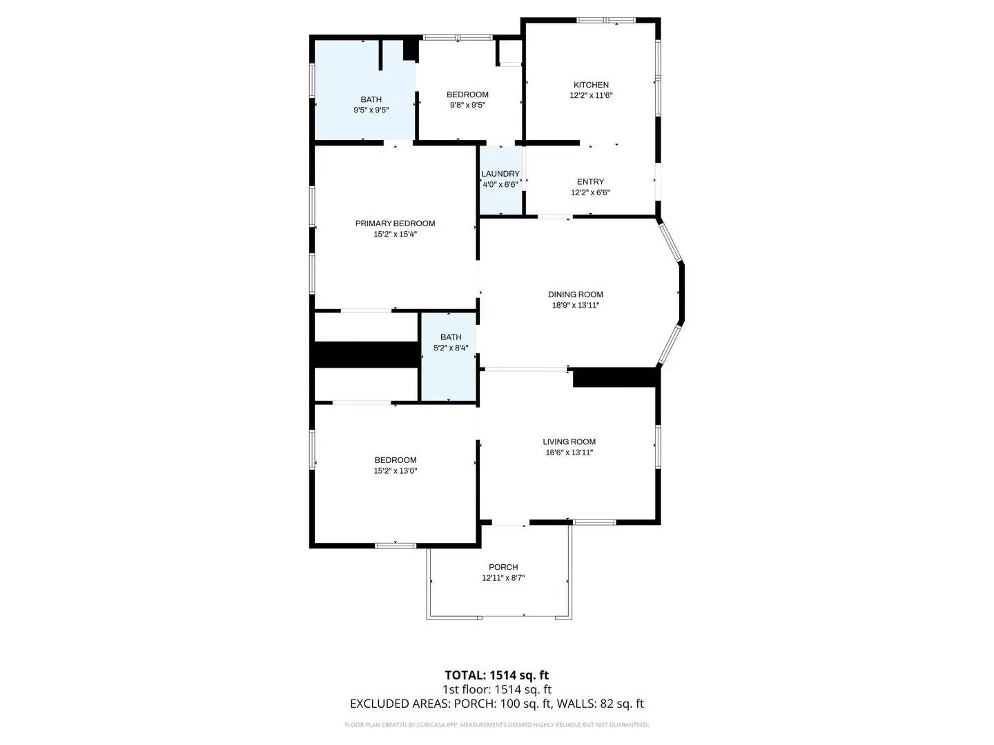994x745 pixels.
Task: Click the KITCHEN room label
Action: [591, 85]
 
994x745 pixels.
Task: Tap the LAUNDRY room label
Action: [500, 174]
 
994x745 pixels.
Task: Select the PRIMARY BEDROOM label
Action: [395, 223]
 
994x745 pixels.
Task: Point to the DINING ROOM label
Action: [576, 295]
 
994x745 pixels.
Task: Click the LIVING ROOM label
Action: [569, 442]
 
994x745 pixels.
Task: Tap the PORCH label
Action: [503, 567]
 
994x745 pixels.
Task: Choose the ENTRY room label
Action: [590, 182]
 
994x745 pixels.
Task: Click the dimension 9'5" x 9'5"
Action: [371, 110]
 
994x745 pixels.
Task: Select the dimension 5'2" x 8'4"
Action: [451, 348]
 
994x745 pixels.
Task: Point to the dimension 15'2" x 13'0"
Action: [396, 471]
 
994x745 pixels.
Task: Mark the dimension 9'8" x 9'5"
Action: [467, 106]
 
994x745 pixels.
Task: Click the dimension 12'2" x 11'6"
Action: [591, 96]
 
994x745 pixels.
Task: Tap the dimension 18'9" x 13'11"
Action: [576, 305]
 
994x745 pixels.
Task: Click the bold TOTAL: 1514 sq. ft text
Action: [497, 675]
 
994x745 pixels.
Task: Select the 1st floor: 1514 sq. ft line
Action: [497, 689]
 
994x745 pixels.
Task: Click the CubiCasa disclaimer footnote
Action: [497, 725]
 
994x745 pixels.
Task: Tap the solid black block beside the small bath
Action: [366, 355]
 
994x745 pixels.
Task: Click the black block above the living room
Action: [614, 377]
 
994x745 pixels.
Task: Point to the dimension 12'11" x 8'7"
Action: [503, 578]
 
